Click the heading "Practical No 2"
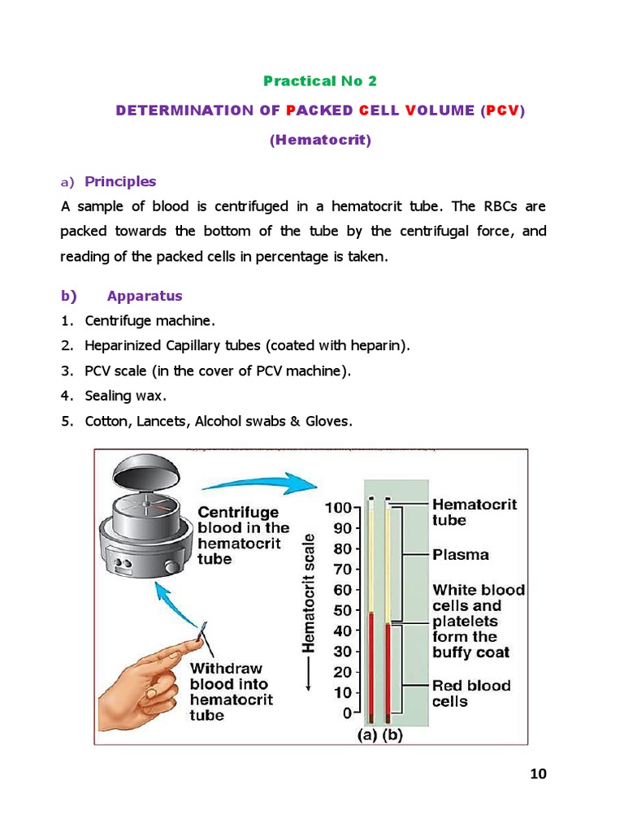tap(320, 80)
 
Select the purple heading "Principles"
tap(120, 181)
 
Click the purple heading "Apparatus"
tap(145, 296)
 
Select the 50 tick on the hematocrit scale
tap(342, 610)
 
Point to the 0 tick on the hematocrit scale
tap(347, 713)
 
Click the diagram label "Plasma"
tap(461, 555)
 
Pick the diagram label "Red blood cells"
tap(471, 693)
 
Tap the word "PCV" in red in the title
tap(503, 110)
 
